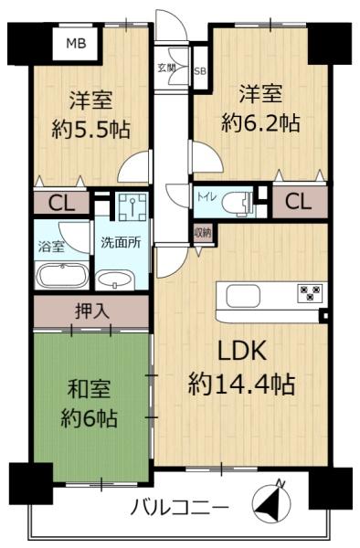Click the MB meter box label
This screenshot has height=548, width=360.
77,44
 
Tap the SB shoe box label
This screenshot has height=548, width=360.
200,71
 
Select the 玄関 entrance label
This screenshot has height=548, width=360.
165,68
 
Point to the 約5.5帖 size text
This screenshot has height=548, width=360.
91,130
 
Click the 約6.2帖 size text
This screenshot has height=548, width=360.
260,123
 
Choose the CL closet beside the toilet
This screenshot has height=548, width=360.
298,202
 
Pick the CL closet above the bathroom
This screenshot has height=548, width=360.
61,203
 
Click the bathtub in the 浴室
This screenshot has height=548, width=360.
62,276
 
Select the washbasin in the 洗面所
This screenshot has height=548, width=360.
114,281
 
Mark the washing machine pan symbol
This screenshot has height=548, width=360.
132,205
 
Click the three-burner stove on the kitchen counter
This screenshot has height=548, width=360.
310,293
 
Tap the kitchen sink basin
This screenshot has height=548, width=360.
244,296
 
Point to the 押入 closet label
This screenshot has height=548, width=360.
92,311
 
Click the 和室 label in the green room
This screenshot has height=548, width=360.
89,388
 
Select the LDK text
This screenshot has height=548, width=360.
242,351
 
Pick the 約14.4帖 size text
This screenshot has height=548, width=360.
242,385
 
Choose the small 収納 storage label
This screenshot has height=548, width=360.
203,232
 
